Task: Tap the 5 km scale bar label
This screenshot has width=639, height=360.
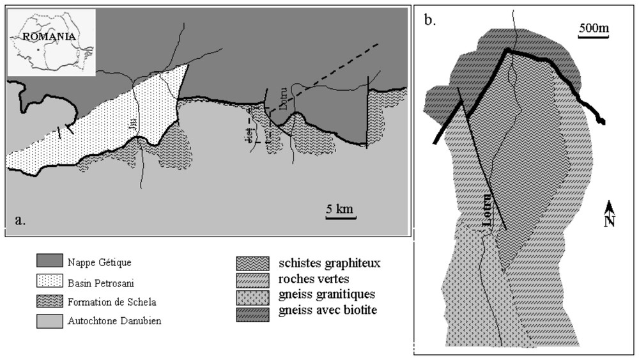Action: (339, 208)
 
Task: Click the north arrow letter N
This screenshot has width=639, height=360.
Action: (610, 221)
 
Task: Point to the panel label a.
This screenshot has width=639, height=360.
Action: (20, 221)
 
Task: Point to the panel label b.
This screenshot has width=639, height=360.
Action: (430, 19)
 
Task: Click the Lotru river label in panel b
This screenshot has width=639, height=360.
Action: (489, 209)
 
